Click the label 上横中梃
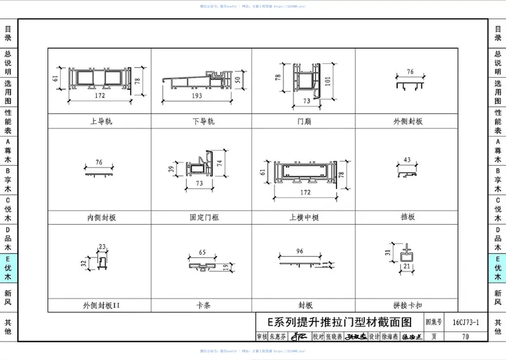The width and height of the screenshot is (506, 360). pos(304,217)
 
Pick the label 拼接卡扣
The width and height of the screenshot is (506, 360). pos(407,305)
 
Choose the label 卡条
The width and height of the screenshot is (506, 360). pos(203,305)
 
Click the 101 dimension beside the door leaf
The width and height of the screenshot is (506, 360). pos(328,81)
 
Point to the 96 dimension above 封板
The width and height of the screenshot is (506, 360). pos(300,250)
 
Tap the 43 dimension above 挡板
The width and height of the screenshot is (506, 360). pos(407,159)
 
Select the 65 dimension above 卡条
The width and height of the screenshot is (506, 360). pos(202,252)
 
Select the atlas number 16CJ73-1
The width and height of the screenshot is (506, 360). pos(466,323)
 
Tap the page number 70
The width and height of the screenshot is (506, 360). pos(466,337)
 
